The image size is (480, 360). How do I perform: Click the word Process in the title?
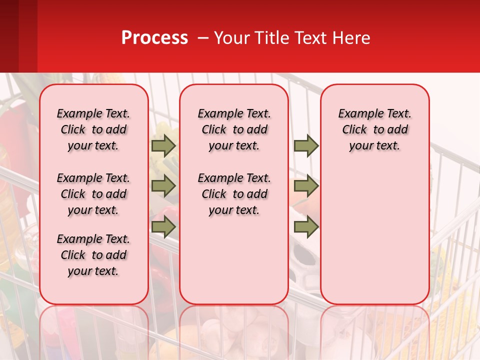pyautogui.click(x=154, y=37)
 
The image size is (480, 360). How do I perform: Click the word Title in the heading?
pyautogui.click(x=271, y=37)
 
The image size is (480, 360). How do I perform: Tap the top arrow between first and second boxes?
pyautogui.click(x=163, y=146)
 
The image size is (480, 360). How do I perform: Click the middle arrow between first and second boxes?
pyautogui.click(x=163, y=186)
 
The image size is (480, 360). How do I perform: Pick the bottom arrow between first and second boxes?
pyautogui.click(x=163, y=226)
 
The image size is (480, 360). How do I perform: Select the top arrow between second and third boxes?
pyautogui.click(x=306, y=146)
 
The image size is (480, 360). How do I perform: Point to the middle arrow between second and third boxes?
pyautogui.click(x=306, y=186)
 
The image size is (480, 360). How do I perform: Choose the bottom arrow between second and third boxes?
pyautogui.click(x=306, y=226)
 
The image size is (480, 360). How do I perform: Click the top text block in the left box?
pyautogui.click(x=93, y=129)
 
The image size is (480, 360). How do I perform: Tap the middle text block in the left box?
pyautogui.click(x=93, y=194)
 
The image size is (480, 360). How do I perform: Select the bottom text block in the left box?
pyautogui.click(x=93, y=255)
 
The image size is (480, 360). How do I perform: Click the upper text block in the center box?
pyautogui.click(x=234, y=129)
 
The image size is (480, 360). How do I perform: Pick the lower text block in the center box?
pyautogui.click(x=234, y=194)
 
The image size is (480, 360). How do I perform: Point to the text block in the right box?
pyautogui.click(x=374, y=129)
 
